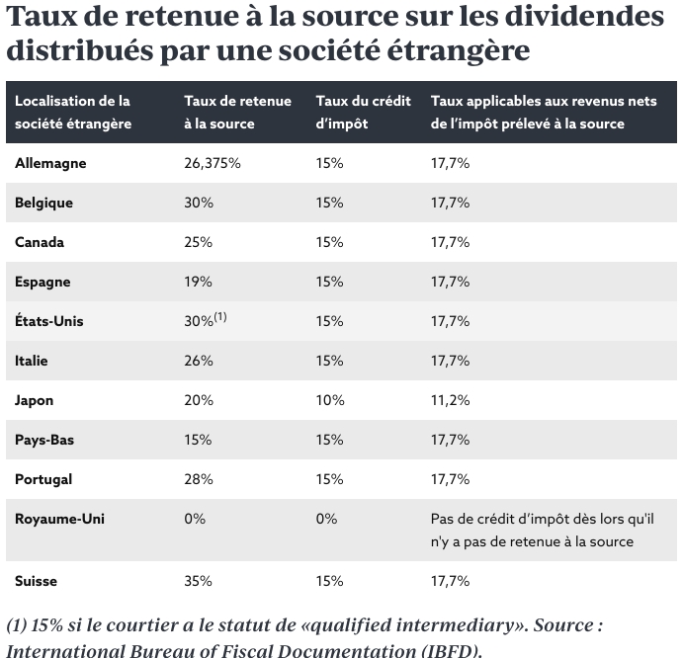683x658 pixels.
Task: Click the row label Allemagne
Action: pyautogui.click(x=50, y=163)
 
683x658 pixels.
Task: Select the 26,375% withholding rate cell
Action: pyautogui.click(x=213, y=163)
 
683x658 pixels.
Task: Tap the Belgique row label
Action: pyautogui.click(x=43, y=203)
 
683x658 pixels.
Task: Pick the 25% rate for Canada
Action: pyautogui.click(x=198, y=242)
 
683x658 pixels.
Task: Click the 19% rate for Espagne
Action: pyautogui.click(x=198, y=282)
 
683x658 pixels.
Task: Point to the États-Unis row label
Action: pyautogui.click(x=49, y=321)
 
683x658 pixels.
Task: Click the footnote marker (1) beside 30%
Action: pyautogui.click(x=221, y=317)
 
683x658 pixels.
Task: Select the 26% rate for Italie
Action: pyautogui.click(x=198, y=361)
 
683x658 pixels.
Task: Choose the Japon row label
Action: pyautogui.click(x=35, y=400)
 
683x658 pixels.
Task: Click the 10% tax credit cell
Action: pyautogui.click(x=329, y=400)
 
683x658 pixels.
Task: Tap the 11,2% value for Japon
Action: pyautogui.click(x=450, y=400)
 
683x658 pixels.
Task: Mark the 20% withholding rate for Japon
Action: pyautogui.click(x=198, y=400)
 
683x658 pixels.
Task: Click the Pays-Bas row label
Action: pyautogui.click(x=43, y=440)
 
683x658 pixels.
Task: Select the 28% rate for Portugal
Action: pyautogui.click(x=198, y=479)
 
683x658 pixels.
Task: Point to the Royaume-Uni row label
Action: pyautogui.click(x=59, y=519)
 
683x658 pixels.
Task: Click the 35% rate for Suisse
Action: pyautogui.click(x=198, y=581)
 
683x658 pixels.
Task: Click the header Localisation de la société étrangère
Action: pyautogui.click(x=72, y=112)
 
